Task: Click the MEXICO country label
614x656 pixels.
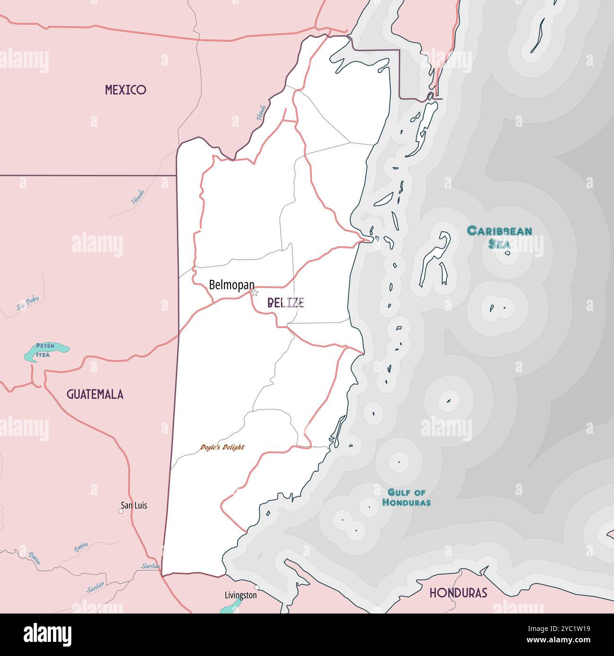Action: pos(125,90)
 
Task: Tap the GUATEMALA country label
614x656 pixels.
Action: pos(95,395)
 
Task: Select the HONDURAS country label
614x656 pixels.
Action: pos(458,593)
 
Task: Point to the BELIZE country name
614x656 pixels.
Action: pos(286,303)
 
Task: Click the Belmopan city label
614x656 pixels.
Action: pos(231,285)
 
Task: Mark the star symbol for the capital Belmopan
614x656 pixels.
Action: pos(255,293)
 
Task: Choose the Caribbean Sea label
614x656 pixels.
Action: pos(499,236)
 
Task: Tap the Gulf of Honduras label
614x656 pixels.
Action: pos(406,497)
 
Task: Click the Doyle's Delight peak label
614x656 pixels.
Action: pos(222,447)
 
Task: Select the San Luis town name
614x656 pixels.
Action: pos(134,505)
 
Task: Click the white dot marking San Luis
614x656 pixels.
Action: pos(121,511)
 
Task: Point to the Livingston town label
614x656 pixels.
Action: pos(241,595)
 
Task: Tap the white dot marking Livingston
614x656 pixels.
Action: pos(257,587)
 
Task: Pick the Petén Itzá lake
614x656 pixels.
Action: pos(46,350)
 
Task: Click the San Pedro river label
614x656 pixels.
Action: pos(27,303)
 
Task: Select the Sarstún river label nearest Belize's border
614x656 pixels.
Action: pos(151,566)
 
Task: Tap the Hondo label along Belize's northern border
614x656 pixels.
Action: pos(261,112)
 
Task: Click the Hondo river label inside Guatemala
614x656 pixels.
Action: pos(138,197)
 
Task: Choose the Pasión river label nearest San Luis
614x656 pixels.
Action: pos(81,547)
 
